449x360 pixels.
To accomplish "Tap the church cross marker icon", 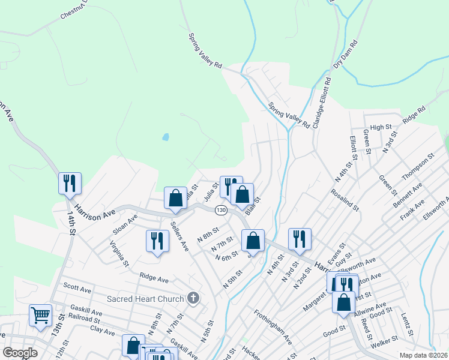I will [x=193, y=298].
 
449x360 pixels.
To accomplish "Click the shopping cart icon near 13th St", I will [x=41, y=315].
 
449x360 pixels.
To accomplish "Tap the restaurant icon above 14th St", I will [x=70, y=182].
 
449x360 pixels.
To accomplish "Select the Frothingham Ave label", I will [x=272, y=327].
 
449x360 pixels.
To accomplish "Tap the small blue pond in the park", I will [x=165, y=137].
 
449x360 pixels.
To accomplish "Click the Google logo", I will [x=20, y=353].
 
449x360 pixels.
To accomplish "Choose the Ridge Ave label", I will [x=154, y=278].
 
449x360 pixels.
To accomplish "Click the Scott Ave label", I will [x=76, y=289].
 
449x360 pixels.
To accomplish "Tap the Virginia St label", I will [x=119, y=253].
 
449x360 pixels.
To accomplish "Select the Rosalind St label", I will [x=344, y=201].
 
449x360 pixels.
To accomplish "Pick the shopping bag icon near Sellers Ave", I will [x=175, y=198].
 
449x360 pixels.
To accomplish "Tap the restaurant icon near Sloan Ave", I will [x=157, y=241].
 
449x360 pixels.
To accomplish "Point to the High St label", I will [x=381, y=127].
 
